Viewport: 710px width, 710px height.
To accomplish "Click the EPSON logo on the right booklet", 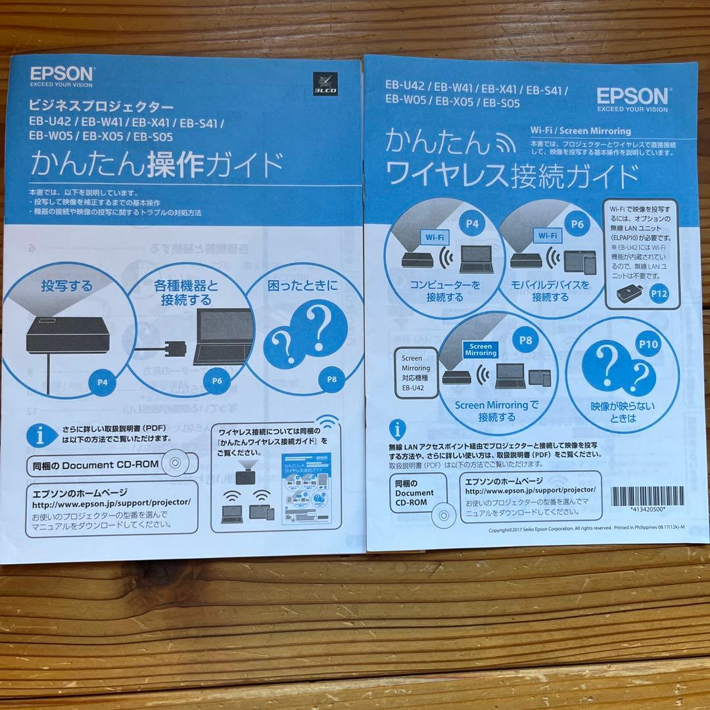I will coord(632,96).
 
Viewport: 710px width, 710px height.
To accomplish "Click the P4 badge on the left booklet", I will coord(102,381).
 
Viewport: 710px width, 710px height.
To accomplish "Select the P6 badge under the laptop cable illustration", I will coord(217,380).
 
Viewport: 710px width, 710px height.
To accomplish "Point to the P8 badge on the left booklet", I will coord(332,379).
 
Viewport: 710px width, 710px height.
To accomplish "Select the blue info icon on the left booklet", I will coord(40,433).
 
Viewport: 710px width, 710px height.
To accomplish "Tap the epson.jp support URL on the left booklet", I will coord(111,503).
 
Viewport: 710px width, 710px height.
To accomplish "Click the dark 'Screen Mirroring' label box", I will coord(481,349).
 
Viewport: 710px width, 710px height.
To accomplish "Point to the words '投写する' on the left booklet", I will coord(66,286).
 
